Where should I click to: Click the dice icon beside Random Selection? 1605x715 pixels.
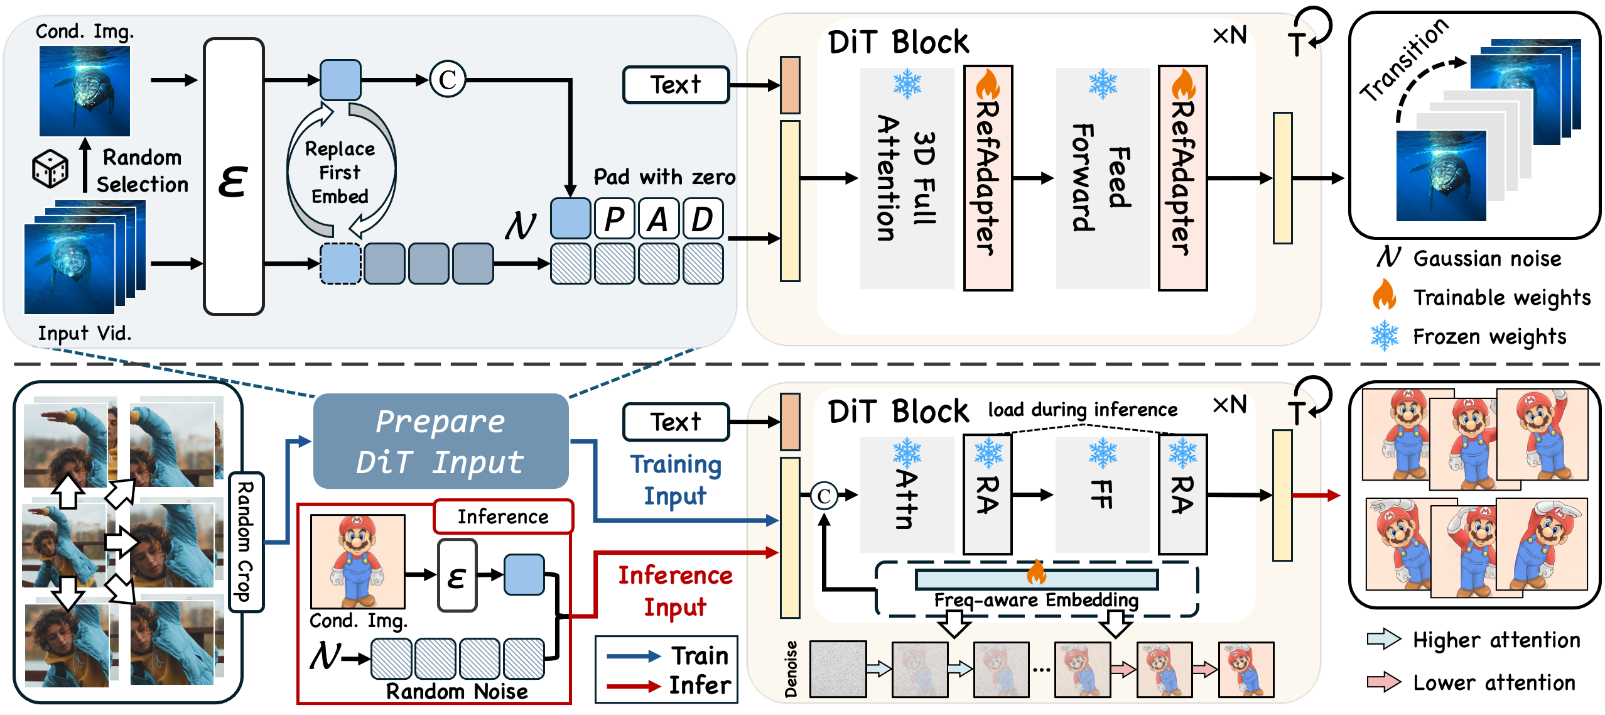(50, 169)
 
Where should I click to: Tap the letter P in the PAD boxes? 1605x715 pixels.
(614, 219)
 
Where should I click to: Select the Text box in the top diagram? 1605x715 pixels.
(676, 85)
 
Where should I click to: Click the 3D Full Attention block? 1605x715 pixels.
(907, 178)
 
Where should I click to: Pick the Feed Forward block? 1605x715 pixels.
(1103, 178)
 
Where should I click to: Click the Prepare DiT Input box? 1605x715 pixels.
(440, 441)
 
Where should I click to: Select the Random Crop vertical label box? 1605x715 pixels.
(246, 542)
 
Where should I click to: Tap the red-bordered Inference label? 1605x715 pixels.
(503, 516)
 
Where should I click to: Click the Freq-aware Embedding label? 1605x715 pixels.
(1036, 600)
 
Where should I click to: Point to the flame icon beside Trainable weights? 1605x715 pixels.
(1384, 295)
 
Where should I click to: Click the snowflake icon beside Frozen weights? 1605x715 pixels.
(1384, 336)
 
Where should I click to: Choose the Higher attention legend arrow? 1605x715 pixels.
(1384, 640)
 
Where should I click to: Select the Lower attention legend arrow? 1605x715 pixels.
(1384, 682)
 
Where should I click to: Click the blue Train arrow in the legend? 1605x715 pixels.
(633, 657)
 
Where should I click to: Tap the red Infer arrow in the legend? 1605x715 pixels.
(633, 685)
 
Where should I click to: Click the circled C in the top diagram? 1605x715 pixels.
(448, 80)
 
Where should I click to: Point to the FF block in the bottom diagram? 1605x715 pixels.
(1103, 494)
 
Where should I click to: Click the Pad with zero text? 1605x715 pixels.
(664, 177)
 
